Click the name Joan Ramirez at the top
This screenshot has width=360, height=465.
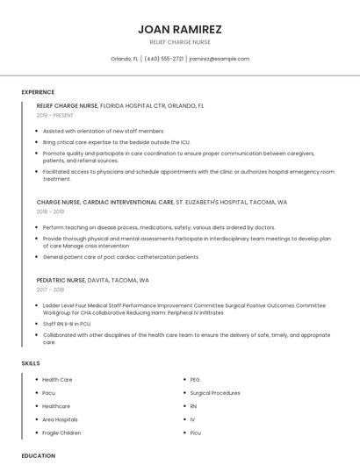tap(180, 29)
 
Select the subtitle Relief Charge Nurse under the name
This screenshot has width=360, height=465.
tap(180, 41)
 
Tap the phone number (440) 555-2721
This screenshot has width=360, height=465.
tap(164, 59)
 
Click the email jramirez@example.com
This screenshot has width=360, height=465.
tap(220, 59)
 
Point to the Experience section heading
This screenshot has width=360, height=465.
tap(38, 92)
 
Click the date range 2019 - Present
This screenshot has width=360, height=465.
tap(54, 115)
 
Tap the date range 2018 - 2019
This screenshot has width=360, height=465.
tap(51, 211)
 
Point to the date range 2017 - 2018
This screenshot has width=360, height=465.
tap(51, 290)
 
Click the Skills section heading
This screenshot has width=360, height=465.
tap(30, 363)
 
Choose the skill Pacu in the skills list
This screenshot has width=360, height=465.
tap(49, 393)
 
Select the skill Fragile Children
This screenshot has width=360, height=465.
tap(61, 433)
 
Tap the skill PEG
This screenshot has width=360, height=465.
tap(195, 380)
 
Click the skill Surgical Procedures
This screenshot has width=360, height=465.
tap(214, 393)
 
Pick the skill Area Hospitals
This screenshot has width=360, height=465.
tap(60, 419)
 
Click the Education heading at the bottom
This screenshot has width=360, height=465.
tap(38, 456)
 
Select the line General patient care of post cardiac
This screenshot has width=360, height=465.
tap(121, 257)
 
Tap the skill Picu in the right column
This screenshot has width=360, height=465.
tap(196, 433)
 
